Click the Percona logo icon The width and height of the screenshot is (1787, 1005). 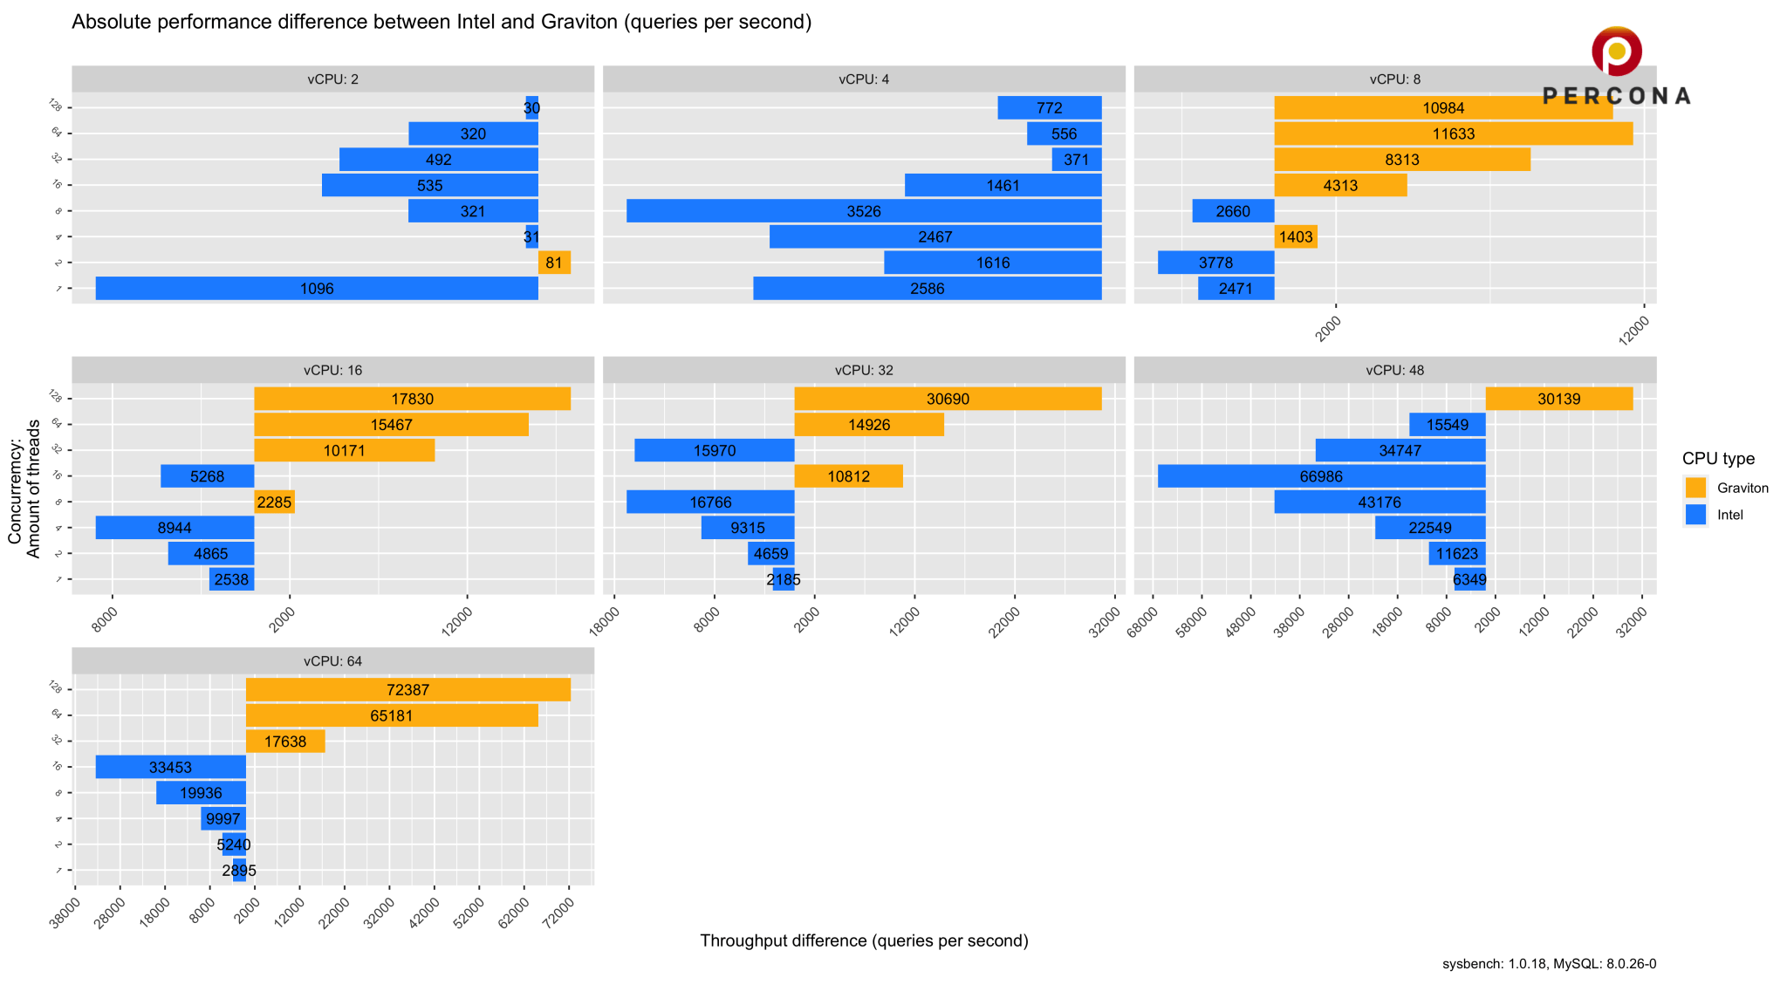[1616, 51]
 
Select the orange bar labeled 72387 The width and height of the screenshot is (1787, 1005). [407, 689]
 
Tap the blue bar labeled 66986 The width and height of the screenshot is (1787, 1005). [1321, 476]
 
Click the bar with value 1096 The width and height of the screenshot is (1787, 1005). [317, 289]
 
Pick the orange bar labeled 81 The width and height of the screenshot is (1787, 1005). [554, 263]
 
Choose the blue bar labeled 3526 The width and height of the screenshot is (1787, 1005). [864, 211]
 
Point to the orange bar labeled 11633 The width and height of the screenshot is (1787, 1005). [1453, 133]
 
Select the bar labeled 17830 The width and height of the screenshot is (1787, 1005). [412, 399]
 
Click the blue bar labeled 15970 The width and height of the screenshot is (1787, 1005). [714, 450]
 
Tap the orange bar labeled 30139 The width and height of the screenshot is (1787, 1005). [1558, 399]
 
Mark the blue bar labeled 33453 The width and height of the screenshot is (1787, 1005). [170, 767]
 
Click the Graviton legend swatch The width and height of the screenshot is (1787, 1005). [1695, 488]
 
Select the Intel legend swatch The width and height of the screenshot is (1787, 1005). [1695, 515]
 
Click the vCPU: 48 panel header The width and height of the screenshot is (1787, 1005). [1394, 370]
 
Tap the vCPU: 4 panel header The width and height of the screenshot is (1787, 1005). [864, 79]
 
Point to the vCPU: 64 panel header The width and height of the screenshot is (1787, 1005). [332, 661]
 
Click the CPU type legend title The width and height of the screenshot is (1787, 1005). [1718, 459]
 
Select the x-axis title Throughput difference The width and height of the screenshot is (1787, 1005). [864, 940]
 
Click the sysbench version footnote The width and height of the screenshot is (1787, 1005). [1549, 964]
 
